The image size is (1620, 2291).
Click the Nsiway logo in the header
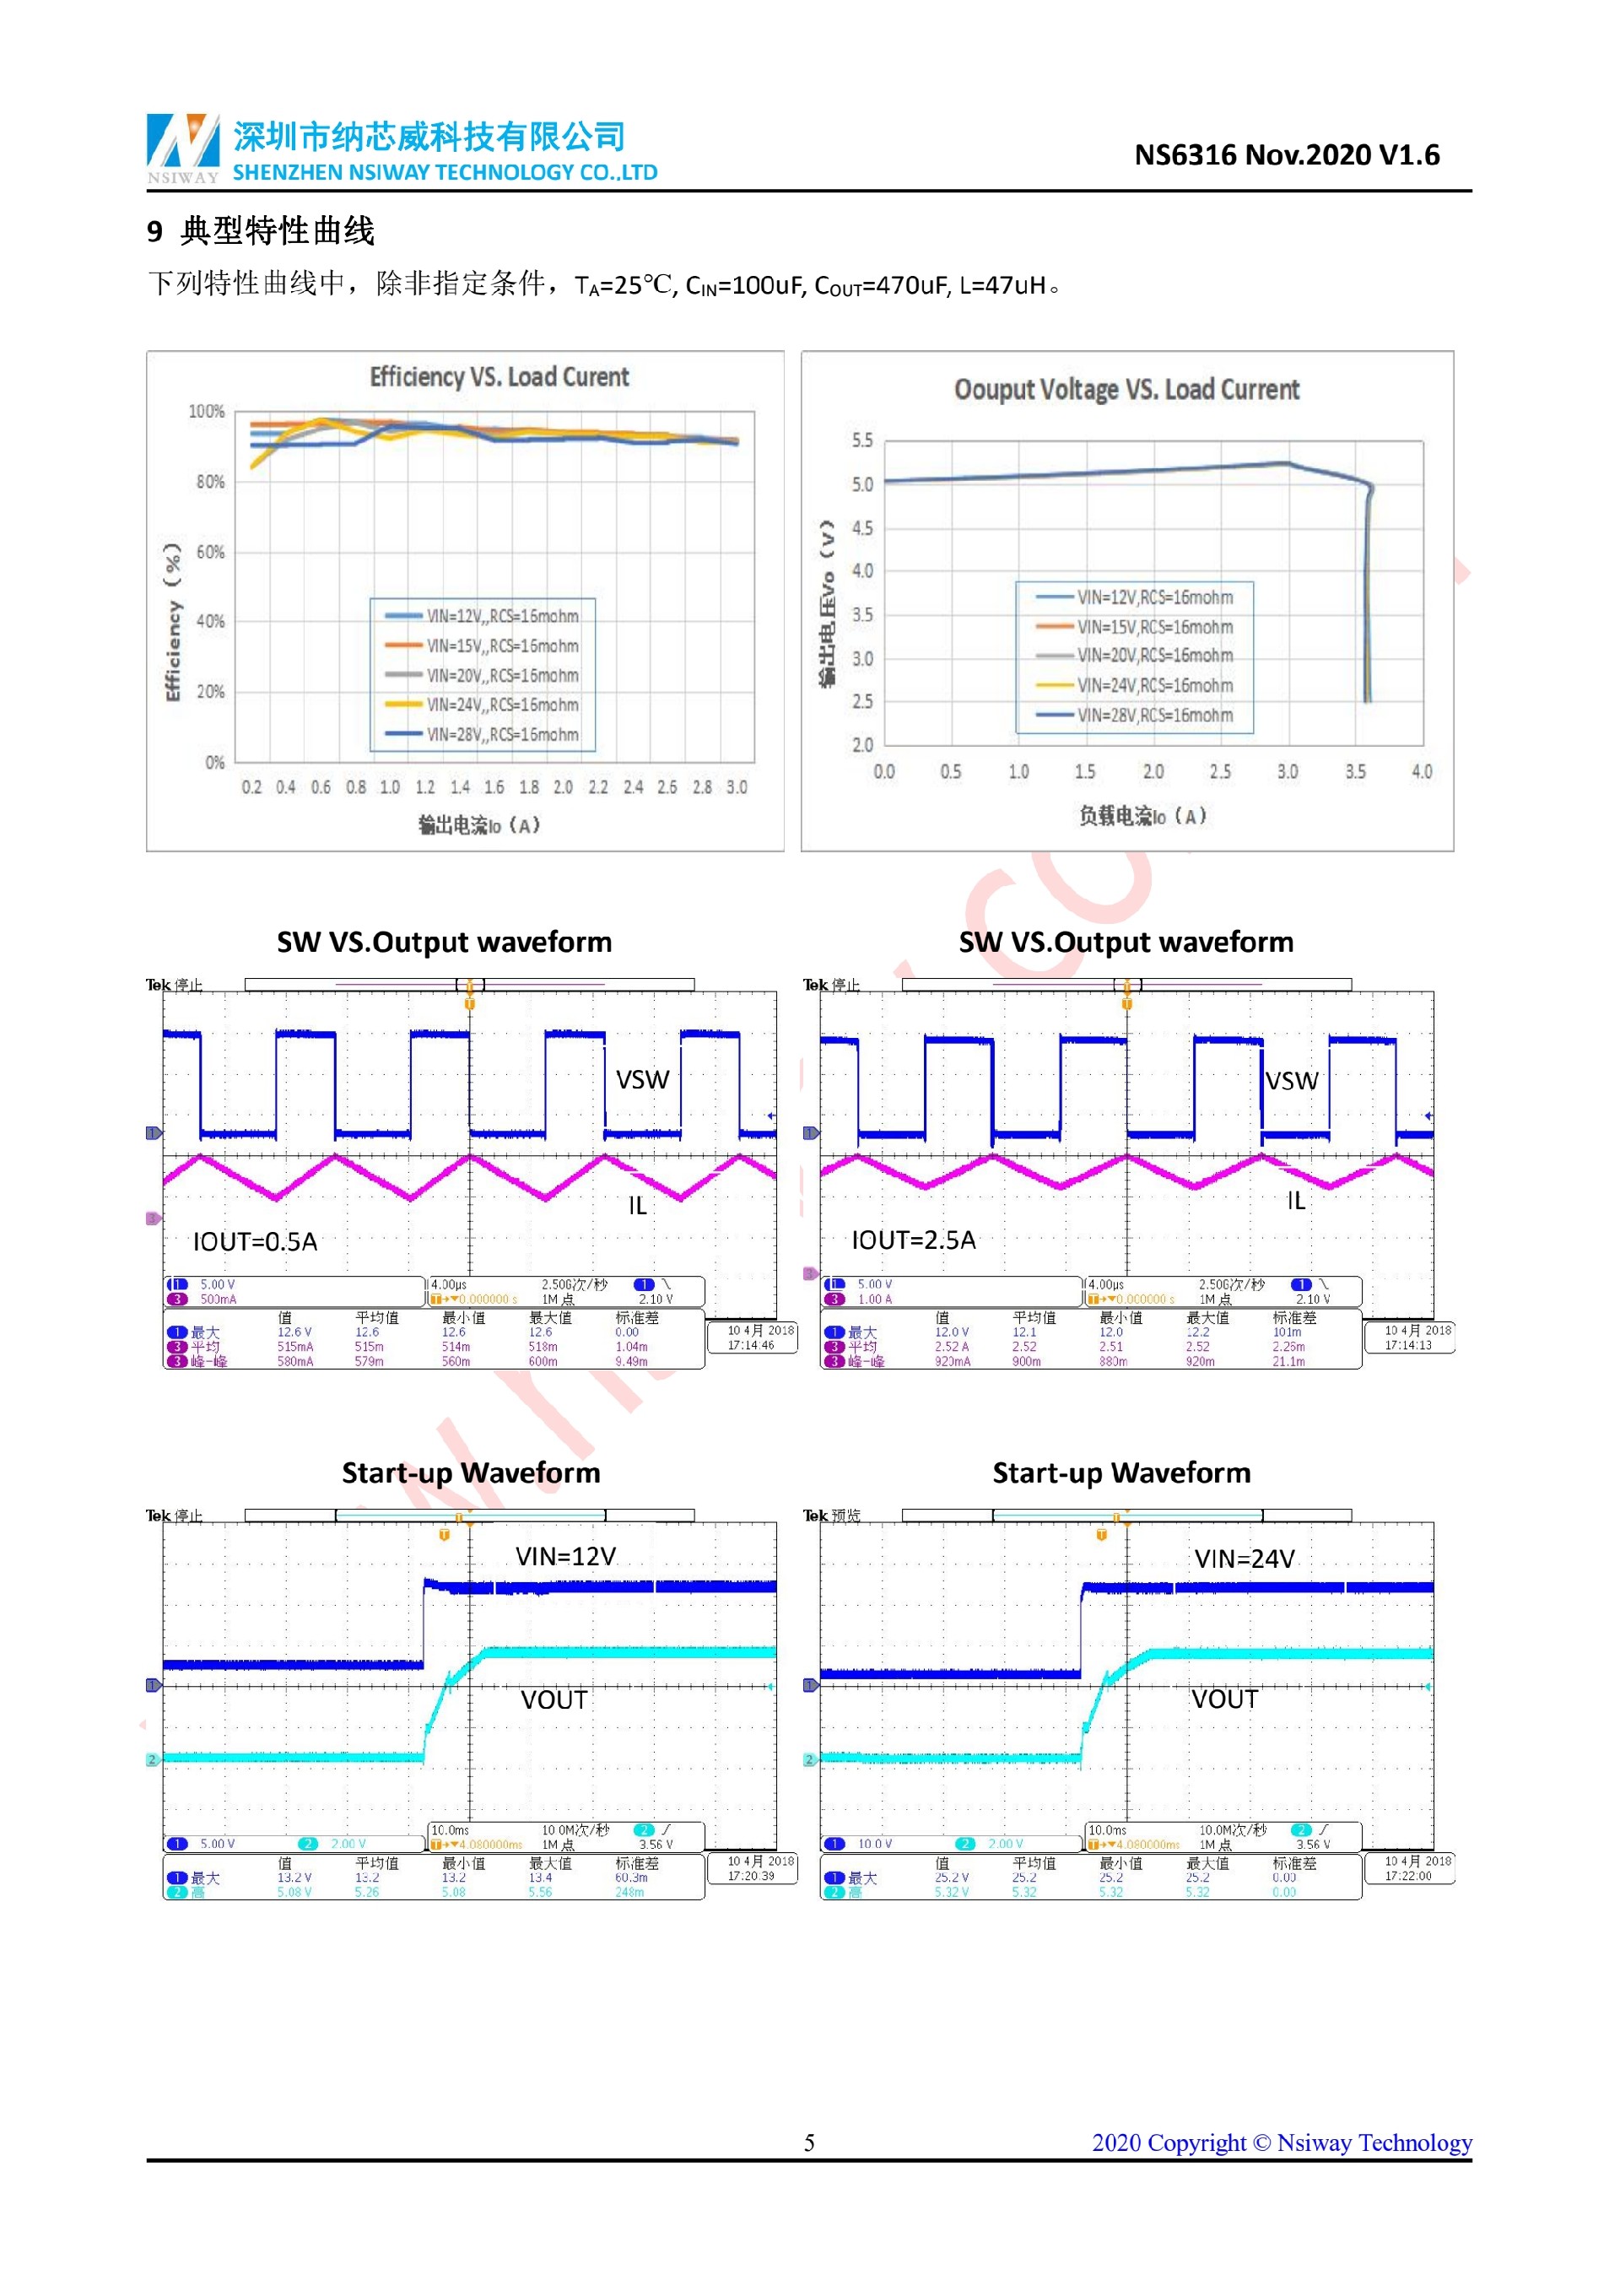pyautogui.click(x=182, y=147)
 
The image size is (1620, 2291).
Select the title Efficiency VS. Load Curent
pyautogui.click(x=499, y=377)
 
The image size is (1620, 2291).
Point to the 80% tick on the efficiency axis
pyautogui.click(x=209, y=482)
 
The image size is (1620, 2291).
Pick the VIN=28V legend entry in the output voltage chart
pyautogui.click(x=1154, y=716)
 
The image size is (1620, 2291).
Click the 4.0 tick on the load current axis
pyautogui.click(x=1422, y=771)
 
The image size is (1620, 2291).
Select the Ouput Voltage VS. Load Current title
pyautogui.click(x=1126, y=389)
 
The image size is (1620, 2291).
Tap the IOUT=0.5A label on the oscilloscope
pyautogui.click(x=256, y=1241)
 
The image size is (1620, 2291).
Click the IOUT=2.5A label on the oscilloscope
pyautogui.click(x=913, y=1240)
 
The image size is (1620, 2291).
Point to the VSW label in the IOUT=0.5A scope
pyautogui.click(x=641, y=1079)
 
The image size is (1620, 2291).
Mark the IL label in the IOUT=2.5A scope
pyautogui.click(x=1295, y=1201)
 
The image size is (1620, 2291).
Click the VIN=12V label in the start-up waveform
pyautogui.click(x=565, y=1557)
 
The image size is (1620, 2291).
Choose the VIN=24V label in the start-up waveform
pyautogui.click(x=1244, y=1559)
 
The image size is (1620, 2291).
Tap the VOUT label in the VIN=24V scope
pyautogui.click(x=1224, y=1699)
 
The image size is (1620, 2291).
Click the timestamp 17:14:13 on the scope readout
pyautogui.click(x=1407, y=1345)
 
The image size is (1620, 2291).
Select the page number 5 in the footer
pyautogui.click(x=809, y=2142)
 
